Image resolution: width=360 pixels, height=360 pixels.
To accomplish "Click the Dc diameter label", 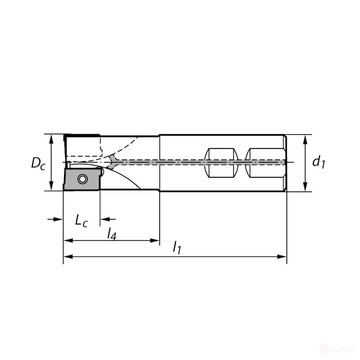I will [x=38, y=162].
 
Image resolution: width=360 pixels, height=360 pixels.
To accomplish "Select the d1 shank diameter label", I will [x=319, y=162].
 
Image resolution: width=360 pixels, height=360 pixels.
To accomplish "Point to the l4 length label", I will [x=112, y=233].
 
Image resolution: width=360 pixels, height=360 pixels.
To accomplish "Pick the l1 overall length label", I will [x=177, y=248].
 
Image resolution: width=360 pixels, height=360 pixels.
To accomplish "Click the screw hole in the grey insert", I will [x=81, y=179].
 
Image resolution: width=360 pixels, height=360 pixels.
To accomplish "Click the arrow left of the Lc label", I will [x=58, y=219].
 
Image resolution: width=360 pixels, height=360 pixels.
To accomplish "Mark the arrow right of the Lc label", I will [x=104, y=219].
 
